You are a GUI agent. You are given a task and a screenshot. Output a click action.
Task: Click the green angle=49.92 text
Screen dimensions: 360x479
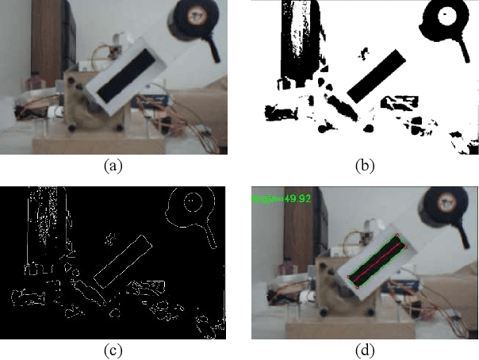click(277, 198)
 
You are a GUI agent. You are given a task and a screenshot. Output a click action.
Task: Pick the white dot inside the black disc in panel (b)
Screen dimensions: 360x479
click(446, 13)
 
